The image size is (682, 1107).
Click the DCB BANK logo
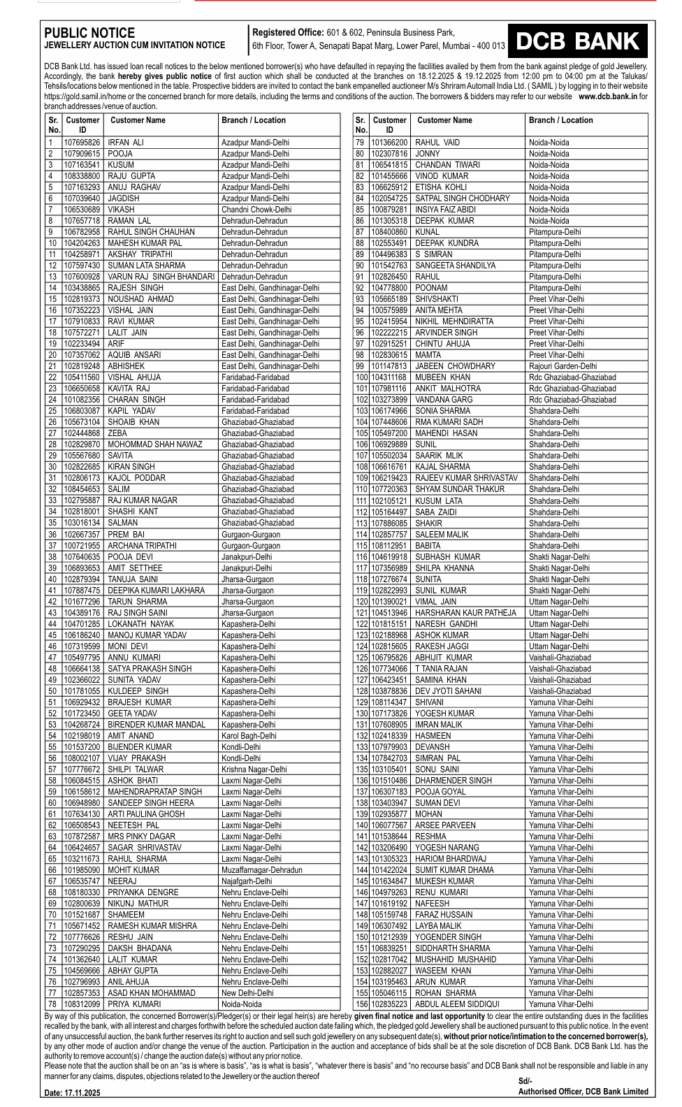coord(577,41)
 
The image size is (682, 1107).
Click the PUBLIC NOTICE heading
coord(89,33)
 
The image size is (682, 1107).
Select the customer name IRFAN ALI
coord(126,143)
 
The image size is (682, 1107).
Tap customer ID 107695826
coord(82,143)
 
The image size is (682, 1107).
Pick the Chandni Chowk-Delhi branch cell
coord(256,210)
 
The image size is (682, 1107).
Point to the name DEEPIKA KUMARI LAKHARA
coord(156,591)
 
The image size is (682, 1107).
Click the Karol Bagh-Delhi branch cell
coord(249,736)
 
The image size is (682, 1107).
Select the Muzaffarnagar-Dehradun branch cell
coord(262,870)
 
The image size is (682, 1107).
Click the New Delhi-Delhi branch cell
coord(247,993)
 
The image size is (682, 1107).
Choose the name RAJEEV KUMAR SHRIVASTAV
coord(466,478)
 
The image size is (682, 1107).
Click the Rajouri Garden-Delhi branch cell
coord(563,366)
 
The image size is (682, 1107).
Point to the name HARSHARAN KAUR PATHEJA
coord(465,613)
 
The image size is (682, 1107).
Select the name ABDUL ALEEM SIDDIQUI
coord(457,1004)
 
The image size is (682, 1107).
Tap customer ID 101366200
coord(389,143)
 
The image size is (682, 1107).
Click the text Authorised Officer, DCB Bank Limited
coord(583,1092)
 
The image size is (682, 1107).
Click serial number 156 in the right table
coord(361,1004)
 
